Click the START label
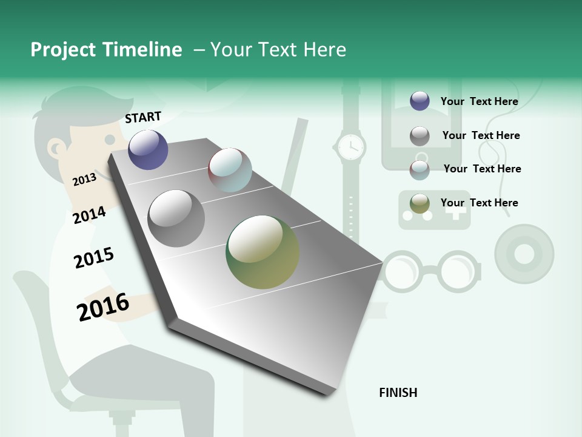143,117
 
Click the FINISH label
398,393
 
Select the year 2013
84,179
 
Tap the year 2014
89,215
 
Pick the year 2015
93,257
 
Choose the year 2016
103,307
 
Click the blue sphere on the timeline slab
148,149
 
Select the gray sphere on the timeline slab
176,218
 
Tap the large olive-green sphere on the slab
263,252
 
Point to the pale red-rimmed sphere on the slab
230,170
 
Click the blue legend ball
420,101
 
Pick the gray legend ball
420,136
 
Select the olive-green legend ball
420,203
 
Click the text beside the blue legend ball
479,101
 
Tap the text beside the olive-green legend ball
479,203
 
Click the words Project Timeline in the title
106,50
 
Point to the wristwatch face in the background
350,147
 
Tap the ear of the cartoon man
56,147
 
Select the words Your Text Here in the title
278,50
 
